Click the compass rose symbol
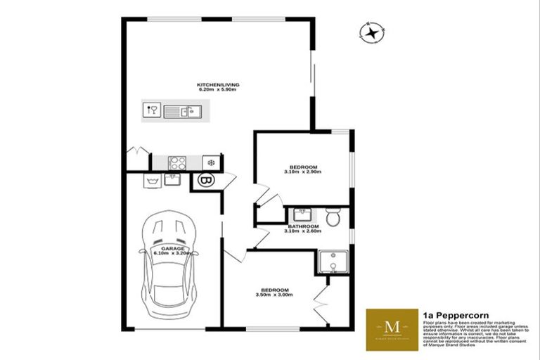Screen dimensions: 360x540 371,31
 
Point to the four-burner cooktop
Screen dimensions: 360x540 177,163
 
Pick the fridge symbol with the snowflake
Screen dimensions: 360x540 210,163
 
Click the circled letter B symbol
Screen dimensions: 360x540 207,181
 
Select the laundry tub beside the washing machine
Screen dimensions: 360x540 172,179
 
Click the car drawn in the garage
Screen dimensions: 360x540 169,267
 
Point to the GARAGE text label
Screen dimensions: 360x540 174,248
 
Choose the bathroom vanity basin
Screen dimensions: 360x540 303,214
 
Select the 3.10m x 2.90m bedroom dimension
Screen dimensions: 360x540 302,172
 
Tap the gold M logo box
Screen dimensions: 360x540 392,329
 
